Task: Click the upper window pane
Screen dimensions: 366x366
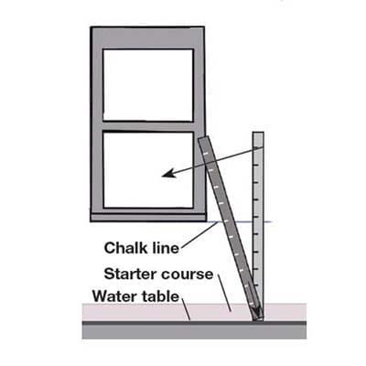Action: tap(148, 85)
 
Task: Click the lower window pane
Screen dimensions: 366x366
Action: tap(148, 170)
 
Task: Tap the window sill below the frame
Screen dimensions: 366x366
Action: tap(148, 218)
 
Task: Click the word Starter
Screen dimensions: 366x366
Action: tap(131, 274)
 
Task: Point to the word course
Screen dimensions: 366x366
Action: tap(187, 274)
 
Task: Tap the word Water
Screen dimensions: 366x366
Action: tap(113, 296)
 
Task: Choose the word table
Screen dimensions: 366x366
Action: tap(158, 296)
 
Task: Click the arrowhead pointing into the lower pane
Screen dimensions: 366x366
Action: tap(168, 173)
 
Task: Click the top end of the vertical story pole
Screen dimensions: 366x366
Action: tap(258, 133)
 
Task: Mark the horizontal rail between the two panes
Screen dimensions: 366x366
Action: tap(148, 126)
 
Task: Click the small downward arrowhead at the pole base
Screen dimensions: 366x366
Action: tap(258, 314)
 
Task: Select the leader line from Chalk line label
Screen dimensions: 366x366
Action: tap(199, 234)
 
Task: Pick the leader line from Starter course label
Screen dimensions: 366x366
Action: tap(225, 293)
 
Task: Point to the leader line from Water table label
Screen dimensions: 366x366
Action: tap(186, 308)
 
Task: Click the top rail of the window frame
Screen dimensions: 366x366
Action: tap(147, 38)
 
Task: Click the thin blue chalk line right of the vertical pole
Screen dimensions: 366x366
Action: tap(267, 221)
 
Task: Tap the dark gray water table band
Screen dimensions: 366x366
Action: tap(194, 329)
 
